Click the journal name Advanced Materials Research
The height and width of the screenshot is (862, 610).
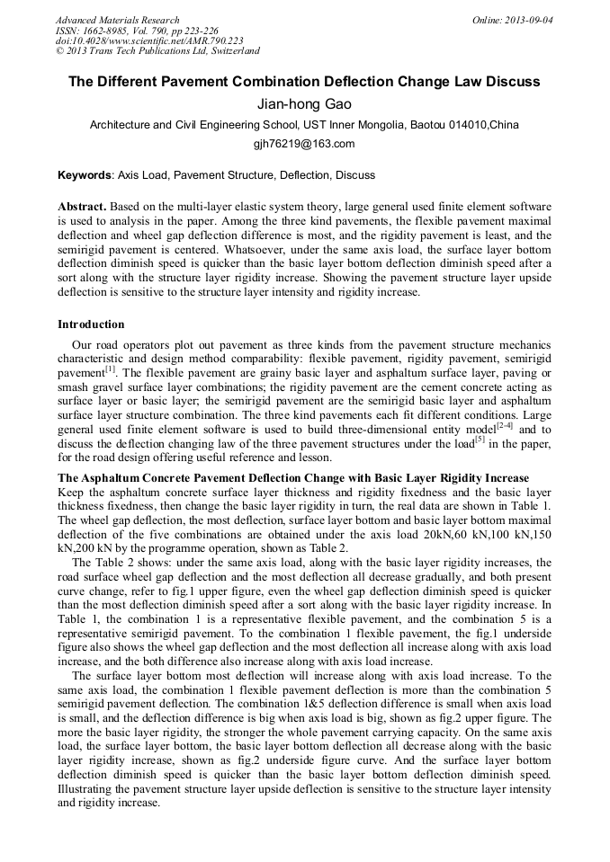tap(117, 20)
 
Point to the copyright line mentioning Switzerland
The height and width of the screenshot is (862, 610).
tap(157, 51)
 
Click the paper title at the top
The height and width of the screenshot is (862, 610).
tap(304, 81)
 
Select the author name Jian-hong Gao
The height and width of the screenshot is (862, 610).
tap(304, 104)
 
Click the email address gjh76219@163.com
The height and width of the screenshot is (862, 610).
tap(304, 144)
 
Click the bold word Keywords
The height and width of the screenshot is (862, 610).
tap(85, 175)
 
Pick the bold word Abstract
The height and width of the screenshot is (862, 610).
tap(82, 206)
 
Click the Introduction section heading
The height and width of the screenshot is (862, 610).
tap(91, 324)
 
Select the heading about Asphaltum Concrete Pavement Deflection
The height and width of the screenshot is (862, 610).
tap(293, 477)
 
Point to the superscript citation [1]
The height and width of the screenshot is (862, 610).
tap(110, 369)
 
